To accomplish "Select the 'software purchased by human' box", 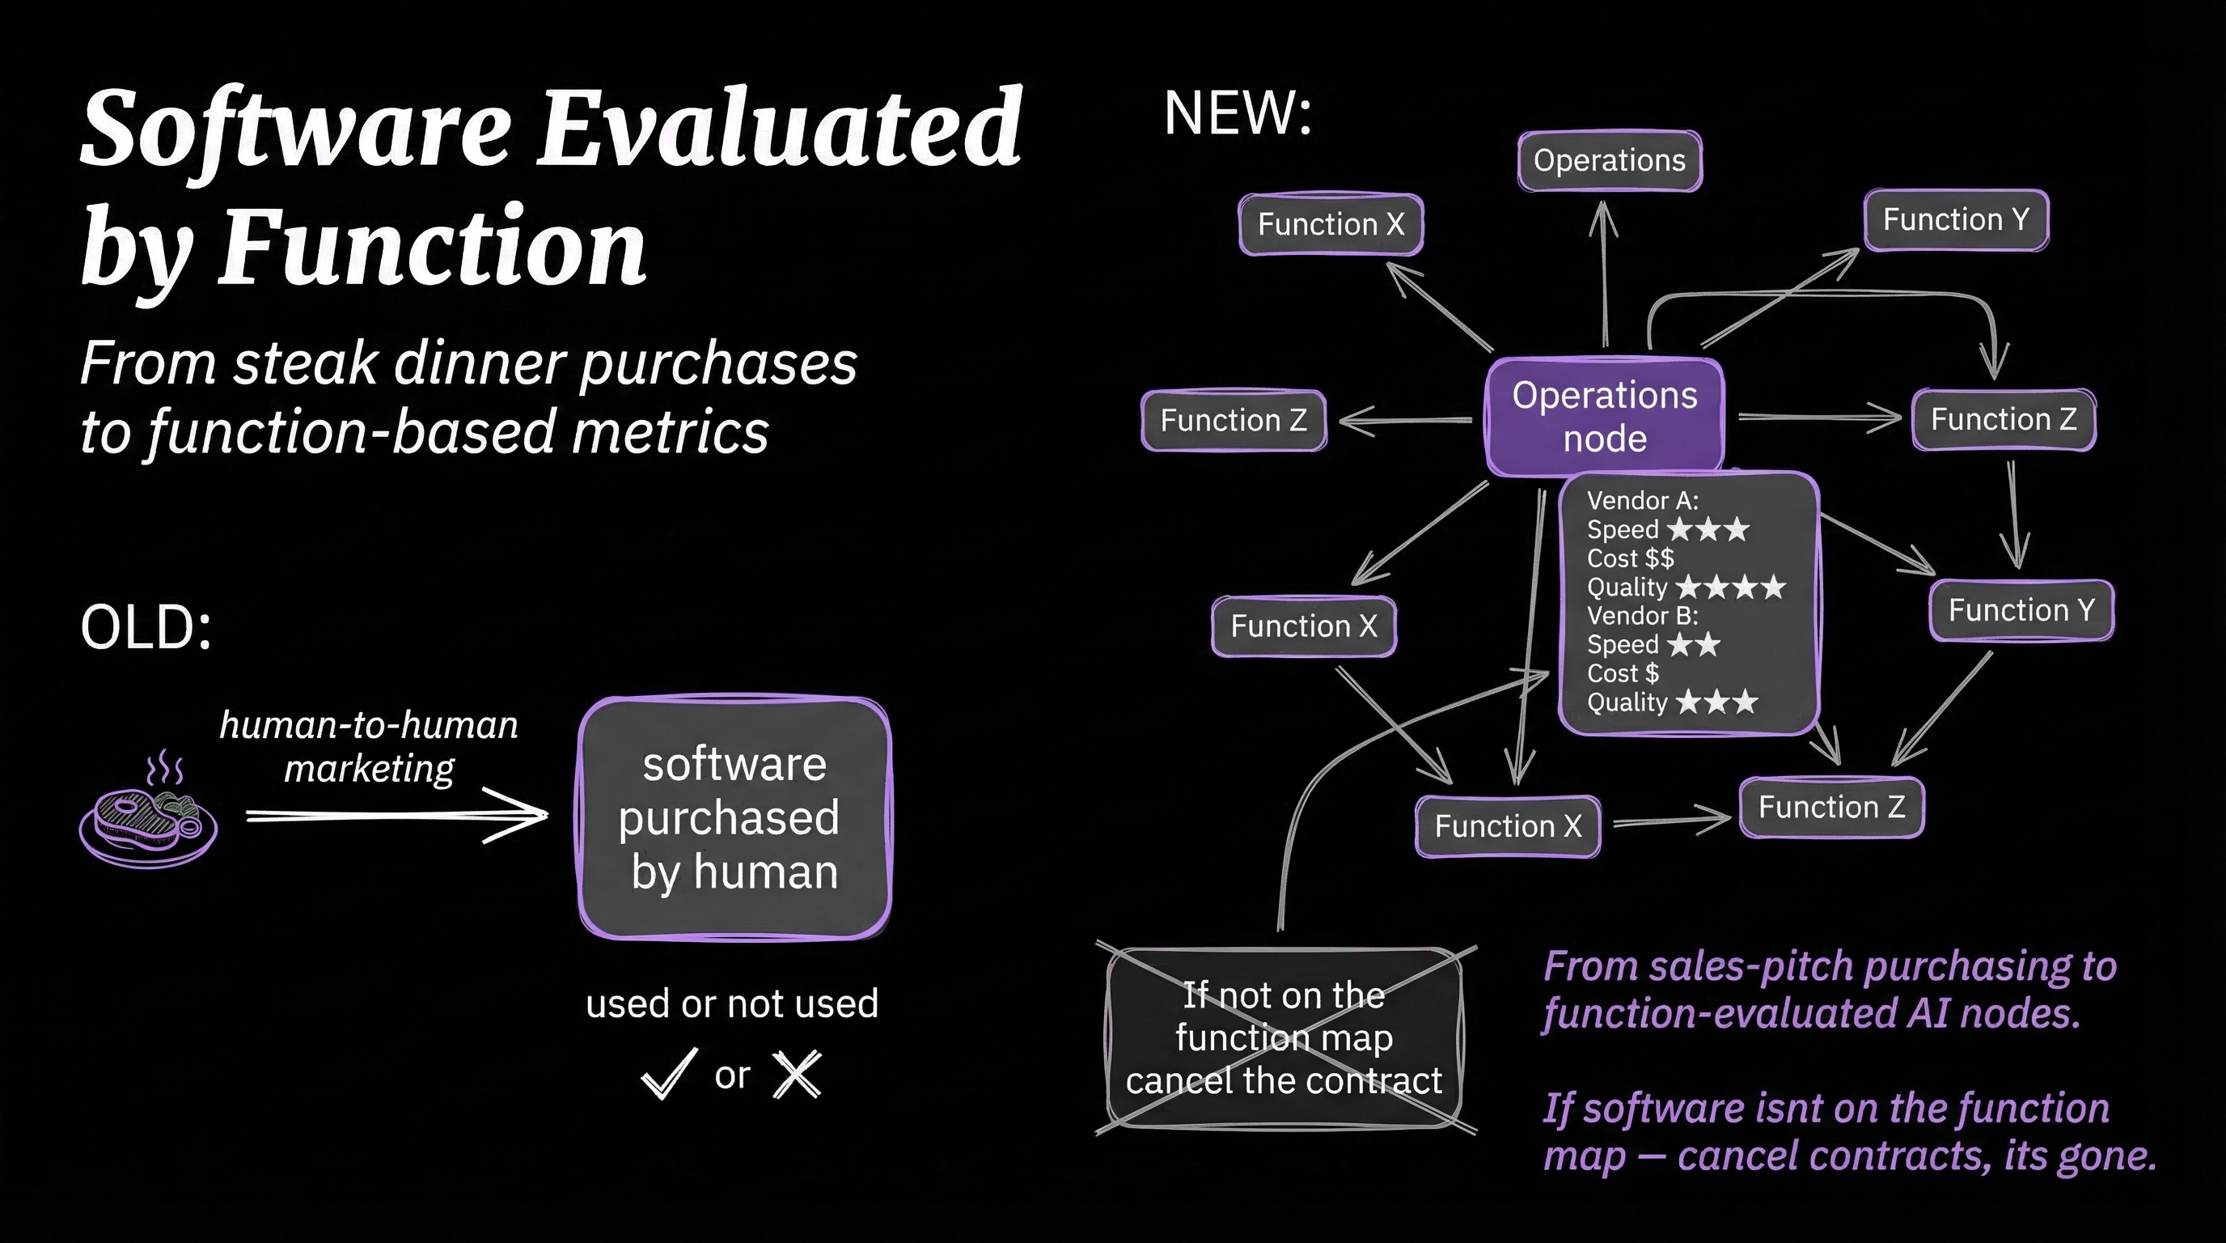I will tap(734, 817).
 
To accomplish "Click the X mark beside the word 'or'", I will tap(797, 1075).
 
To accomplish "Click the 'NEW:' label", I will tap(1238, 113).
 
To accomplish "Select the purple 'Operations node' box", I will tap(1605, 417).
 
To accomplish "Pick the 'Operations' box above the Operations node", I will tap(1609, 161).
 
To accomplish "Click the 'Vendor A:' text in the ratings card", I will tap(1642, 500).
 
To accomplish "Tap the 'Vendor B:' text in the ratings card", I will tap(1642, 616).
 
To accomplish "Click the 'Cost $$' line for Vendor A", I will tap(1630, 558).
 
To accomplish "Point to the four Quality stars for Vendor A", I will tap(1730, 588).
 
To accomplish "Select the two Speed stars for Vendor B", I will tap(1694, 645).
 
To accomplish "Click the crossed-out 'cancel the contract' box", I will tap(1284, 1038).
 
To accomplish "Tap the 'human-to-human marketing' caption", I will tap(369, 746).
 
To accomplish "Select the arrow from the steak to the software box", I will tap(397, 815).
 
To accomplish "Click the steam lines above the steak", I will tap(164, 766).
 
